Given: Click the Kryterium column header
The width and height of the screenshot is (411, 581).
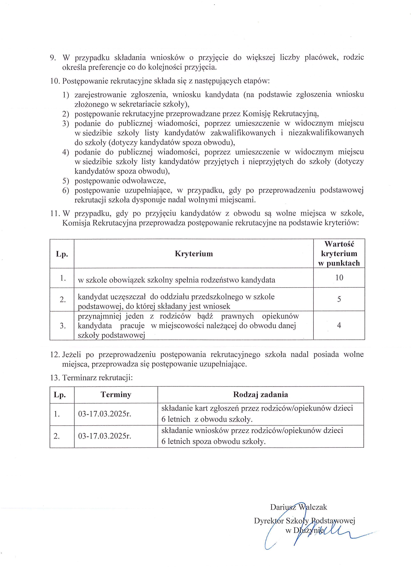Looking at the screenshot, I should (194, 254).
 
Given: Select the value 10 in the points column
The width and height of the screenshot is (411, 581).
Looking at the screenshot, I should (339, 278).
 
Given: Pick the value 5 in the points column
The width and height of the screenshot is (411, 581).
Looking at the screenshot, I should (339, 299).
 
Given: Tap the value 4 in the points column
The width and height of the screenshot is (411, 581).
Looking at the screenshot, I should (339, 325).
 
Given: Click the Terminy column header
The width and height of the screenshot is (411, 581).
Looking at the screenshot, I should (116, 395).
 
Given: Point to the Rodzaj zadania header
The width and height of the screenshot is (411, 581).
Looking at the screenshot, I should (260, 395).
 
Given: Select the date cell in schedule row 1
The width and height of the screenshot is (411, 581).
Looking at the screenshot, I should (105, 414).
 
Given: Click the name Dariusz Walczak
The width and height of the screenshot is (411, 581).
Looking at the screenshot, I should (299, 507).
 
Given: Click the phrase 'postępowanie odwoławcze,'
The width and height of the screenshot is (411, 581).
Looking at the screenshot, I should (120, 181).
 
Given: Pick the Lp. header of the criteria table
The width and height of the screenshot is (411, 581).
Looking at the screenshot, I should (62, 254).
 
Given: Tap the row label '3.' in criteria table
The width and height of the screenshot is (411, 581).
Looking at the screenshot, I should (63, 326).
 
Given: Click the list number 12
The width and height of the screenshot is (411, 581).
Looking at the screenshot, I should (55, 355).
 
